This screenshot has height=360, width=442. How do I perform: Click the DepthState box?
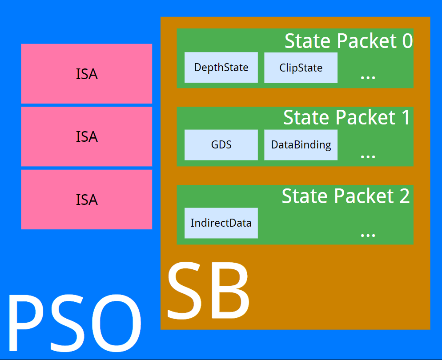[221, 68]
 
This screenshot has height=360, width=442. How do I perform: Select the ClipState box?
[301, 68]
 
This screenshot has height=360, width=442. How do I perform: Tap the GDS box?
[221, 145]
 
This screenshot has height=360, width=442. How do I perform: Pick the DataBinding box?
[301, 145]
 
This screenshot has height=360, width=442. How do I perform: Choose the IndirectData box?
[221, 223]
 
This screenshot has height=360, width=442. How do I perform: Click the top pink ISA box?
[87, 74]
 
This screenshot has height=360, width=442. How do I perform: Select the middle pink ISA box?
[87, 136]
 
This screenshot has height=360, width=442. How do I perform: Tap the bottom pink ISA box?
[87, 200]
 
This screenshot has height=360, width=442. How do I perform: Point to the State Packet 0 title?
[348, 41]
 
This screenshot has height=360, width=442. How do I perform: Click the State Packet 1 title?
[346, 117]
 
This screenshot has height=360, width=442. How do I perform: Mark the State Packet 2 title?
[346, 196]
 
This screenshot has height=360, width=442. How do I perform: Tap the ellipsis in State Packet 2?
[368, 234]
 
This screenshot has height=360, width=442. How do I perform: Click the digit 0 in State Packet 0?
[407, 41]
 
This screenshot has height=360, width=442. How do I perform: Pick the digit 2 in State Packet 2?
[404, 196]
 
